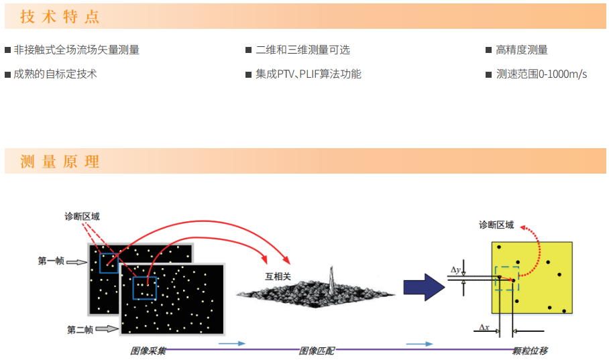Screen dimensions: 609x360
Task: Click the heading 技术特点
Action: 60,17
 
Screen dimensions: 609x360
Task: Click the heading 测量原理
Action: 60,161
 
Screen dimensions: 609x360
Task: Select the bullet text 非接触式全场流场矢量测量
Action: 76,50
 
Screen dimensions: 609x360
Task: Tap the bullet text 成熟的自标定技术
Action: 55,74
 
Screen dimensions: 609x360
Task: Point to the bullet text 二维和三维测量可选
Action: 302,50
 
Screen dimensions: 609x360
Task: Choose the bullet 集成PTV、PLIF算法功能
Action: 309,74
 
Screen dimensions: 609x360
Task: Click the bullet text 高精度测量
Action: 522,50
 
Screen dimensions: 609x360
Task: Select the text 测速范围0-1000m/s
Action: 541,74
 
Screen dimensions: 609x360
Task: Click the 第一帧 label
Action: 51,261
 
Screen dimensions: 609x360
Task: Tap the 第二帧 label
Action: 80,330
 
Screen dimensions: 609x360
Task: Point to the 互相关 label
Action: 278,276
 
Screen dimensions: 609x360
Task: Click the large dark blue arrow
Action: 424,288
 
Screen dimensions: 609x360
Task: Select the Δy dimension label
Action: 455,270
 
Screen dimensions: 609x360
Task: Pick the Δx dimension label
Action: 484,327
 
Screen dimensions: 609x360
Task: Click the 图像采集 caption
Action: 148,351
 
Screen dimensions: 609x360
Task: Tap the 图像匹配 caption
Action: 317,351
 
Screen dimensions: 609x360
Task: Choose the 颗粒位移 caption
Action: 530,351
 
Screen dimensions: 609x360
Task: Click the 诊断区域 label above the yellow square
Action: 496,225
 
